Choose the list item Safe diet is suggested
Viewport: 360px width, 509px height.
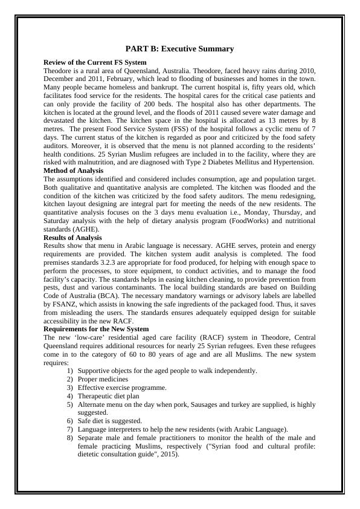pos(110,421)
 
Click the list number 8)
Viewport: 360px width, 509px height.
pos(70,438)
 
